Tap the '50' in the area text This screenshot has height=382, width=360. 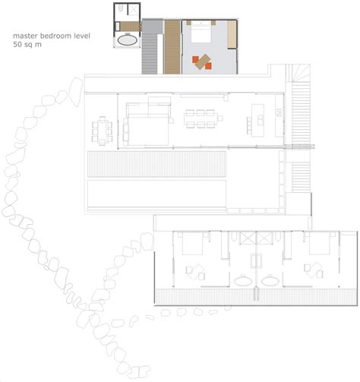pyautogui.click(x=17, y=44)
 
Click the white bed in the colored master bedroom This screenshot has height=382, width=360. pyautogui.click(x=201, y=32)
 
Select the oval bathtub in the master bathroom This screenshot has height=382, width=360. pyautogui.click(x=128, y=40)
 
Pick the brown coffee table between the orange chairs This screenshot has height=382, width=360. pyautogui.click(x=203, y=62)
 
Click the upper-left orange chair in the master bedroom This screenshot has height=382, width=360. pyautogui.click(x=195, y=60)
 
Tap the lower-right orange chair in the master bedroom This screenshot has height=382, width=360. pyautogui.click(x=208, y=66)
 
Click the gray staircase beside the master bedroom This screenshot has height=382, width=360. pyautogui.click(x=150, y=54)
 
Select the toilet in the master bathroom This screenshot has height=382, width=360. pyautogui.click(x=121, y=8)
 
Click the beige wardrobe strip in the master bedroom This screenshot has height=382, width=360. pyautogui.click(x=232, y=34)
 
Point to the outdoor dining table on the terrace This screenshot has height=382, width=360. pyautogui.click(x=102, y=131)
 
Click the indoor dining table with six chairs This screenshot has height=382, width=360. pyautogui.click(x=201, y=118)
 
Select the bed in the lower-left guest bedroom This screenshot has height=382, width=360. pyautogui.click(x=192, y=243)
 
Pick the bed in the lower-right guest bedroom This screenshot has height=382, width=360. pyautogui.click(x=319, y=243)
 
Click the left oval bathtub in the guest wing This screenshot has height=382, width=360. pyautogui.click(x=243, y=280)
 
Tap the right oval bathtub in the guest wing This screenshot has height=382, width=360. pyautogui.click(x=270, y=280)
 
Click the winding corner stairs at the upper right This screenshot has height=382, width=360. pyautogui.click(x=298, y=73)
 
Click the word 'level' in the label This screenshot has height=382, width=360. pyautogui.click(x=82, y=36)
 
